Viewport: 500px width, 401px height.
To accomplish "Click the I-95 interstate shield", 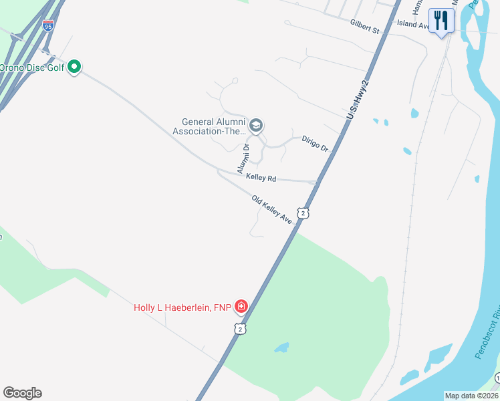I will tap(48, 25).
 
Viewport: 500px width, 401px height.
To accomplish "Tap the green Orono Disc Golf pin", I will tap(75, 66).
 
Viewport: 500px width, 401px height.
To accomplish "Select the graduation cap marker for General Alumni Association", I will tap(255, 126).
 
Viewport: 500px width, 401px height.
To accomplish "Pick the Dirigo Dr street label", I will tap(314, 143).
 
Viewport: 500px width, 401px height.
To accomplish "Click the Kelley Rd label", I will tap(261, 178).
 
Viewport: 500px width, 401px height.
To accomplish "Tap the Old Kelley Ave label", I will tap(273, 209).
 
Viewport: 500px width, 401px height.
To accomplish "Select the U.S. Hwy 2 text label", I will tap(358, 98).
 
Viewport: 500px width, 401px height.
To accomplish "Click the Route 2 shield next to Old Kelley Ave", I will tap(304, 213).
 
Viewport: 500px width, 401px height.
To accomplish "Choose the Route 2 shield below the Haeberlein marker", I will tap(241, 328).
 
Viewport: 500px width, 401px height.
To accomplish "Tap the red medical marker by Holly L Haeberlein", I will tap(241, 307).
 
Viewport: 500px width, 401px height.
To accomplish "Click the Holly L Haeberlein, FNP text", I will tap(182, 307).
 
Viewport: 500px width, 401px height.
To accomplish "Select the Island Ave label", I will tap(412, 23).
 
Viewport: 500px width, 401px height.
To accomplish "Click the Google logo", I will tap(22, 392).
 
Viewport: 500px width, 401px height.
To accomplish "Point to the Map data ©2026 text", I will tap(471, 396).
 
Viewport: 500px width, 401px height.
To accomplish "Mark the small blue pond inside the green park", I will tap(281, 348).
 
